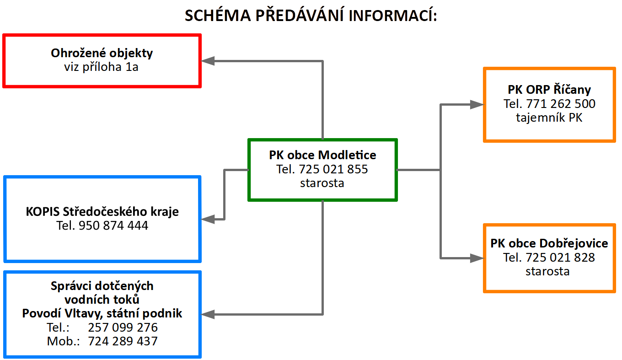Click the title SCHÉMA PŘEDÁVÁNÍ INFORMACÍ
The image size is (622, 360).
pos(311,15)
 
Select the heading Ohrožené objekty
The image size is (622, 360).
pos(102,53)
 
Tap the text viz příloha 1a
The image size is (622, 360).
pos(101,67)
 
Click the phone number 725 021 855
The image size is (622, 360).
pos(333,169)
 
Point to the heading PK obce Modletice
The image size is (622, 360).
pos(322,155)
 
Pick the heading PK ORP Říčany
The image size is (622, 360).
pos(549,90)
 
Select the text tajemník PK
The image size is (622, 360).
pos(549,118)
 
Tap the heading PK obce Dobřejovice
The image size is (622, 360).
pos(549,243)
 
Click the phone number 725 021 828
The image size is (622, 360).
pos(560,258)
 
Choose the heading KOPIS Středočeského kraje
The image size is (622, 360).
pos(102,212)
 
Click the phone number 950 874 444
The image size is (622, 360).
pos(113,226)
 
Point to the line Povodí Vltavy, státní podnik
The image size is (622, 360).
pos(102,313)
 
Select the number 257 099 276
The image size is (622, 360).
pos(123,328)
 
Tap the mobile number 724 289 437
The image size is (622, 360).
pos(123,341)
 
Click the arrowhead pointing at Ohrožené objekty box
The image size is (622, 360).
pos(208,61)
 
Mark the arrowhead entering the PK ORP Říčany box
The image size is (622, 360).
pos(477,104)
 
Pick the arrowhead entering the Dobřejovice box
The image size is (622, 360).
pos(477,258)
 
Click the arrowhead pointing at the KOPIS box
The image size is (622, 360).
pos(208,219)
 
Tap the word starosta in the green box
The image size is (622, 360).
pos(322,183)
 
